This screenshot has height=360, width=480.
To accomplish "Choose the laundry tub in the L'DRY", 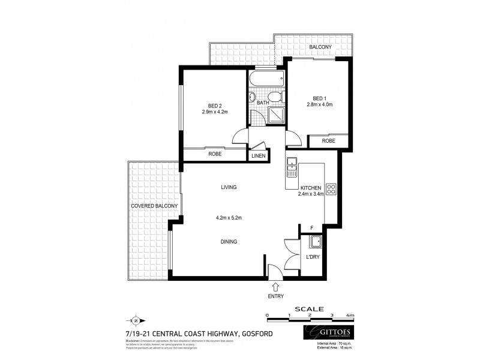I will [x=314, y=242].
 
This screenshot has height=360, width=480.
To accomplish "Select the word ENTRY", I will [x=275, y=296].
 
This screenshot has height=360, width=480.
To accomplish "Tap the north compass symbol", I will [x=135, y=320].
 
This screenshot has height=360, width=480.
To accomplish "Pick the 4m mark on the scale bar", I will [x=351, y=315].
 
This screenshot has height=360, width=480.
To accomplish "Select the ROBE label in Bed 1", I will [x=328, y=141].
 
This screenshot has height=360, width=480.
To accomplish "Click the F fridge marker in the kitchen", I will [x=311, y=228].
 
